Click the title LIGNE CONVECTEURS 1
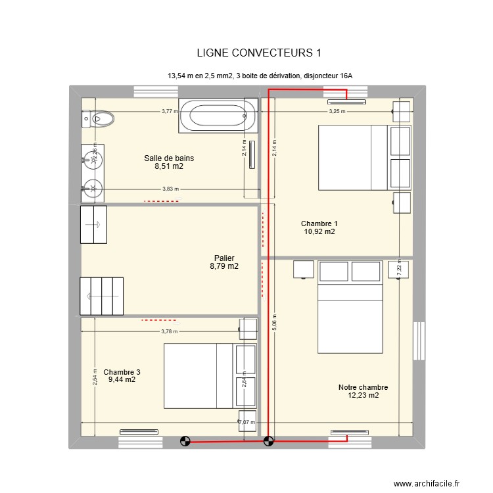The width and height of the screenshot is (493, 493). click(258, 53)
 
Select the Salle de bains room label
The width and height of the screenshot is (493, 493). click(169, 158)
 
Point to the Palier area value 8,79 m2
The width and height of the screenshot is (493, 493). click(224, 267)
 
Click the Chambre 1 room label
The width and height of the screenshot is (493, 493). click(319, 223)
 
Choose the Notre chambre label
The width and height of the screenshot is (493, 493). click(363, 387)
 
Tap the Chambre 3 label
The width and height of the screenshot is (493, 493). click(122, 372)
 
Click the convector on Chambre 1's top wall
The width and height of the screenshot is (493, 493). click(346, 102)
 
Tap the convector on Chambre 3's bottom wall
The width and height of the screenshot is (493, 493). click(139, 432)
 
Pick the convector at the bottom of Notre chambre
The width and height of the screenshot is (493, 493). click(348, 432)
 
